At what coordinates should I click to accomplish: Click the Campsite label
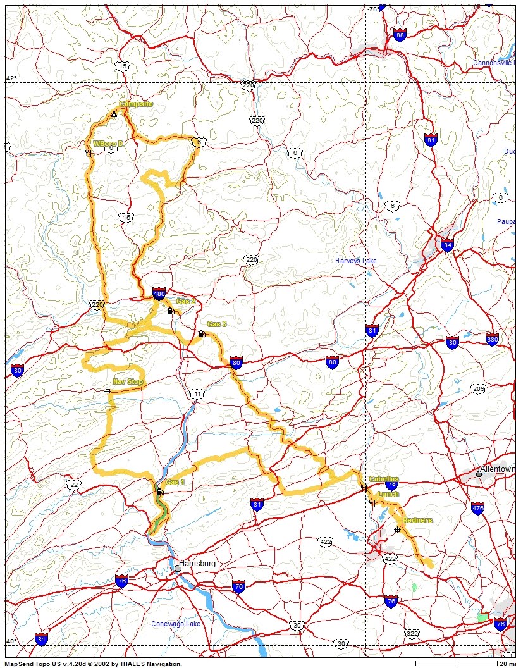pyautogui.click(x=136, y=104)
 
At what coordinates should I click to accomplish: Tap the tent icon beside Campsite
pyautogui.click(x=114, y=114)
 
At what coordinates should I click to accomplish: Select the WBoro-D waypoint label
pyautogui.click(x=108, y=144)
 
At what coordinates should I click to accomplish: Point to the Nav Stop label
pyautogui.click(x=128, y=381)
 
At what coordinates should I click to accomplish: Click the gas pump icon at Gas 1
pyautogui.click(x=159, y=492)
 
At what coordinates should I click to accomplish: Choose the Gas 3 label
pyautogui.click(x=217, y=324)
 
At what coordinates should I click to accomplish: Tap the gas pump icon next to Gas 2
pyautogui.click(x=170, y=311)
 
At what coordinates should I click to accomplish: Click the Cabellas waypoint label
pyautogui.click(x=384, y=479)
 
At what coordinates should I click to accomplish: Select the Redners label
pyautogui.click(x=417, y=520)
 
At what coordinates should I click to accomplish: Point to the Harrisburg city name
pyautogui.click(x=202, y=563)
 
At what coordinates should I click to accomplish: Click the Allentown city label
pyautogui.click(x=498, y=469)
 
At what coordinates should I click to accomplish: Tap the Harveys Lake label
pyautogui.click(x=356, y=260)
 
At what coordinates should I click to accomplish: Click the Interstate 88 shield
pyautogui.click(x=399, y=35)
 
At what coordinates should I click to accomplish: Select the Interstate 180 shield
pyautogui.click(x=159, y=294)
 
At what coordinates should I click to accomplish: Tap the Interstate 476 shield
pyautogui.click(x=477, y=508)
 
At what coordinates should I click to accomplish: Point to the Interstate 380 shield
pyautogui.click(x=493, y=340)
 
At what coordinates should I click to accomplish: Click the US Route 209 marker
pyautogui.click(x=477, y=388)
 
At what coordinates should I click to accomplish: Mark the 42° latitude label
pyautogui.click(x=11, y=78)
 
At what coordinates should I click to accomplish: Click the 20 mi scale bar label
pyautogui.click(x=506, y=664)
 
